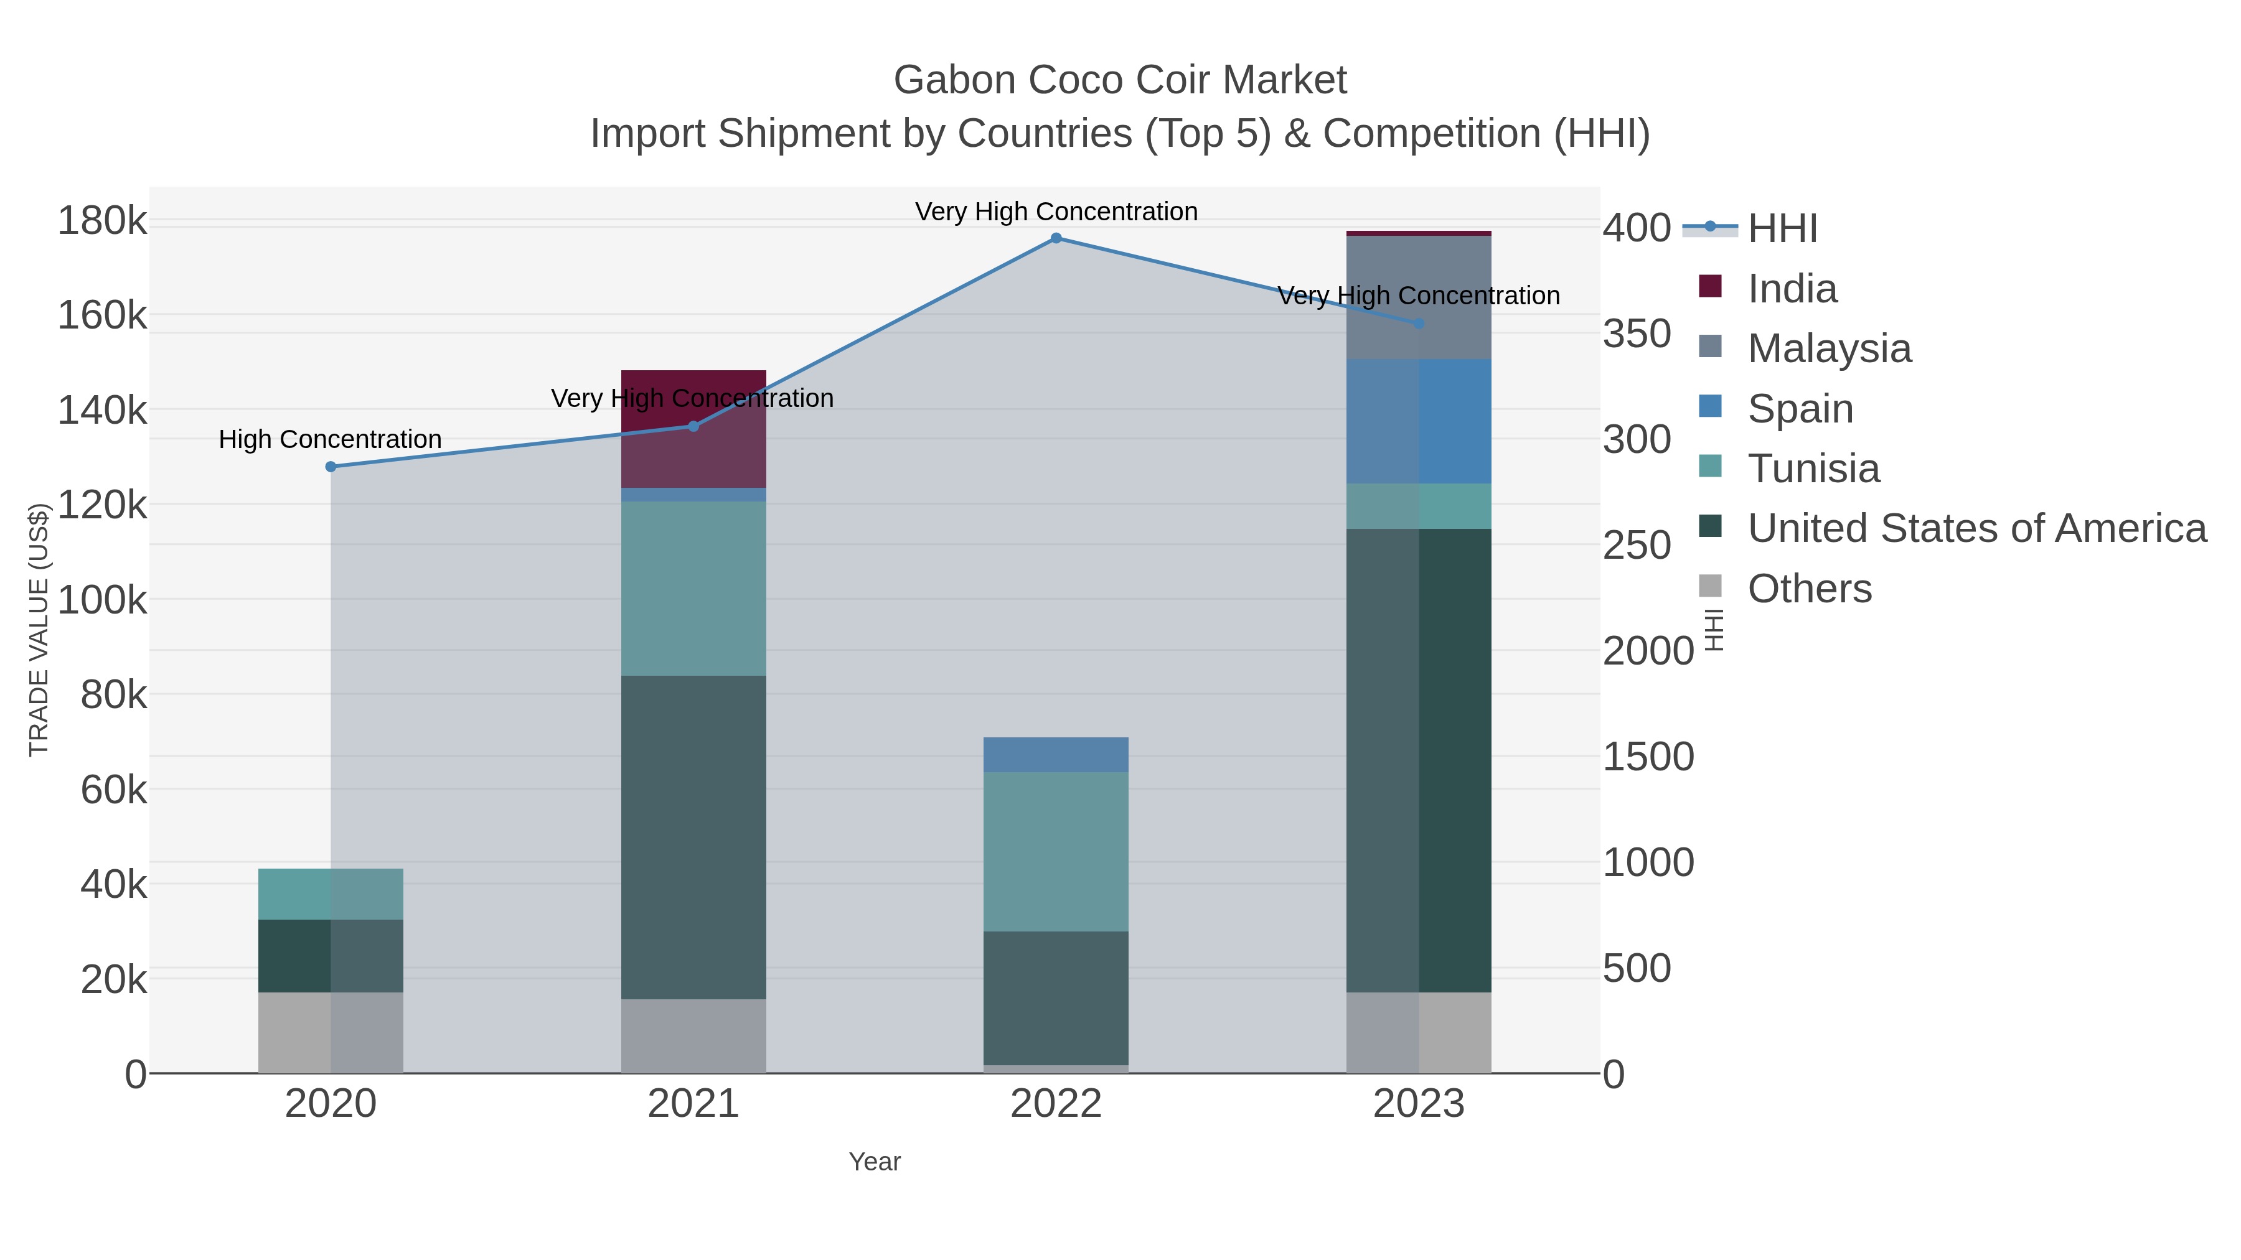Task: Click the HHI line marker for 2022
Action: [1056, 238]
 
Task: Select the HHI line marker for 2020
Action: [331, 467]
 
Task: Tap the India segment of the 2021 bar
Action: [693, 429]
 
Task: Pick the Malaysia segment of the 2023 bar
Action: [1419, 297]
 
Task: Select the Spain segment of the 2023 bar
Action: [1419, 421]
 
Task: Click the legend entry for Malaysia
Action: [1829, 348]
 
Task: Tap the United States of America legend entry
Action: [1976, 529]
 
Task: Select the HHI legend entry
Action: [1782, 229]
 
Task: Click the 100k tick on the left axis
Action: [103, 600]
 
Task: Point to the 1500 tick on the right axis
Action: [1648, 757]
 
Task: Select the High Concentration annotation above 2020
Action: [331, 439]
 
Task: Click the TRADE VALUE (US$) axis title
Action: [39, 630]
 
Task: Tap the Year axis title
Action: [875, 1162]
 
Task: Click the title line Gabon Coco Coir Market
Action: [1120, 80]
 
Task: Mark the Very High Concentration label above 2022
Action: [1056, 212]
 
